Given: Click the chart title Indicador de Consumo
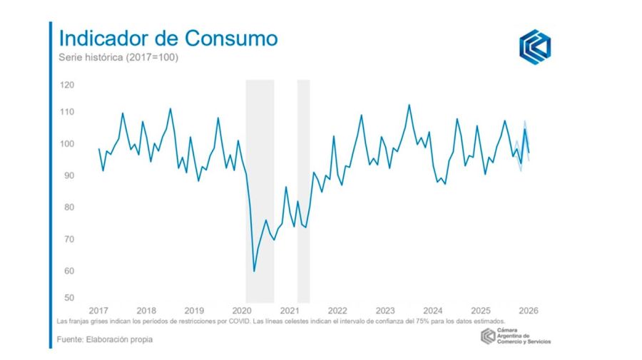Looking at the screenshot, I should (x=168, y=38).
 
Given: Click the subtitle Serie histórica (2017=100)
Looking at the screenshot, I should (x=118, y=57).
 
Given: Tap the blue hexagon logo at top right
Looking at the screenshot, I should (x=534, y=47).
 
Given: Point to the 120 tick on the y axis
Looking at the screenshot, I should (x=67, y=85).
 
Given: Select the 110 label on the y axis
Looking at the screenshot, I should (x=67, y=112).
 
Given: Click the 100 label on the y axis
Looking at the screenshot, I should (x=67, y=144).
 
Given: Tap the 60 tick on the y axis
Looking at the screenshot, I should (x=67, y=271).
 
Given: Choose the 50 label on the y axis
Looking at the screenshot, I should (x=67, y=297).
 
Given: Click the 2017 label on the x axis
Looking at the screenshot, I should (x=98, y=311).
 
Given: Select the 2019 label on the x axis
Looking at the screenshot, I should (x=194, y=311).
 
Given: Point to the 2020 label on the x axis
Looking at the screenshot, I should (x=242, y=311).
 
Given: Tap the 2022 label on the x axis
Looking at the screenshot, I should (x=337, y=311).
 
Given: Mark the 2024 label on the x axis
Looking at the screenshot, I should (x=433, y=311).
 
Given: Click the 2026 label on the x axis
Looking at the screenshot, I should (x=529, y=311).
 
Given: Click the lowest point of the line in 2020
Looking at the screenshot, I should (x=254, y=271).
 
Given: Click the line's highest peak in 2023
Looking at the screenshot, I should (x=409, y=105).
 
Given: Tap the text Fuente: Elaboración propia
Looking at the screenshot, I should (x=105, y=339).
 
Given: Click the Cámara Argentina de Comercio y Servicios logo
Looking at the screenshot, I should (x=516, y=336).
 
